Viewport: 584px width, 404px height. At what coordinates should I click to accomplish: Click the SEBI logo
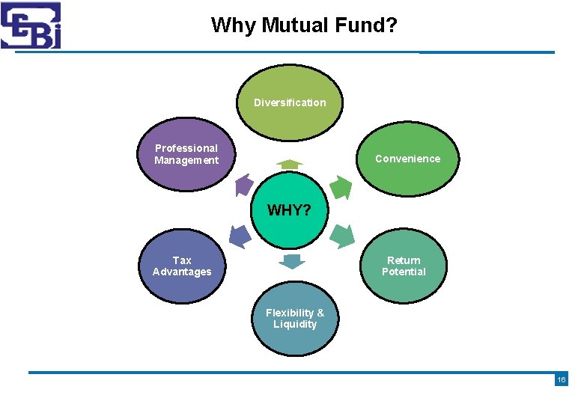(x=31, y=25)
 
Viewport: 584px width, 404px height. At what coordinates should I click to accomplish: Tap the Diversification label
(x=290, y=102)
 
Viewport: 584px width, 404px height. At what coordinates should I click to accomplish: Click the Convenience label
(x=407, y=159)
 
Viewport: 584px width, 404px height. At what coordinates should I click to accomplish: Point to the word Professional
(x=186, y=148)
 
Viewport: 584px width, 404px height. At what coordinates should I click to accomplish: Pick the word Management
(x=186, y=160)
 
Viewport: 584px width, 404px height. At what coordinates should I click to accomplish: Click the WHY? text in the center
(x=289, y=210)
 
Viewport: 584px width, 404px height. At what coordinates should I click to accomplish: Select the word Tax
(x=182, y=260)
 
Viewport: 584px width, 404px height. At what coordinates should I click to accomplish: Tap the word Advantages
(x=182, y=272)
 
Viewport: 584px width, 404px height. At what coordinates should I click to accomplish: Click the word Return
(x=404, y=260)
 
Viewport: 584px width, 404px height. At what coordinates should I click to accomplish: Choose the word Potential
(x=404, y=272)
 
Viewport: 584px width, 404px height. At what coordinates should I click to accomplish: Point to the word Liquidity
(x=295, y=324)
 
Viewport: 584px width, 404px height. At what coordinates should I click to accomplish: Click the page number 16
(x=562, y=380)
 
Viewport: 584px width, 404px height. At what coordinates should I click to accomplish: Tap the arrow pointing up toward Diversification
(x=289, y=164)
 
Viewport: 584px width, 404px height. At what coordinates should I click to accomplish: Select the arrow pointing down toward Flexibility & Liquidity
(x=292, y=261)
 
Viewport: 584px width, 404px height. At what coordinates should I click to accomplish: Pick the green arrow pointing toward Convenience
(x=340, y=187)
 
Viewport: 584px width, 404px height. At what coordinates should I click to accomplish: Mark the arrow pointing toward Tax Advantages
(x=239, y=236)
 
